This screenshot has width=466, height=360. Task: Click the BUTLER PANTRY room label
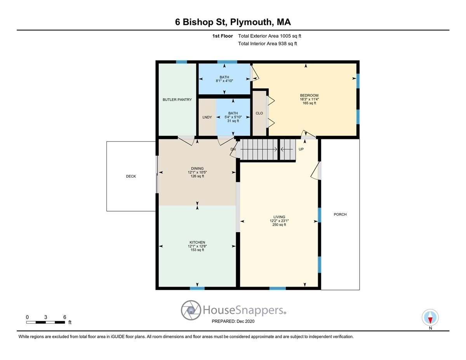pos(177,100)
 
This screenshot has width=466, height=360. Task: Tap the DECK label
pos(131,176)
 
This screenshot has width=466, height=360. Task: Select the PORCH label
pos(340,214)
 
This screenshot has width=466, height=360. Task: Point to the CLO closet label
pos(259,113)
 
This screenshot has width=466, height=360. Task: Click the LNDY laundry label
pos(207,117)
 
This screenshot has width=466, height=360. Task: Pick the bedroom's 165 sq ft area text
pos(309,103)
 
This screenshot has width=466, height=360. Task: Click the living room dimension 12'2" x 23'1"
pos(279,221)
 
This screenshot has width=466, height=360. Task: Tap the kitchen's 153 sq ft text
pos(197,250)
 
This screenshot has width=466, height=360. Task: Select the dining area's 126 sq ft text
pos(197,176)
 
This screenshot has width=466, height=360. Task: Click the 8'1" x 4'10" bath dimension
pos(224,81)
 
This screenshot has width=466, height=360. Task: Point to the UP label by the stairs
pos(301,149)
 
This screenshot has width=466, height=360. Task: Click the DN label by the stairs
pos(233,149)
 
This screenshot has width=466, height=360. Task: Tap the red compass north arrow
pos(430,320)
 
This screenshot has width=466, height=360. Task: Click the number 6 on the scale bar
pos(65,317)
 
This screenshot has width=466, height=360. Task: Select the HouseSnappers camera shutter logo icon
pos(191,310)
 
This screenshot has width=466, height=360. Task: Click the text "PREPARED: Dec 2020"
pos(233,321)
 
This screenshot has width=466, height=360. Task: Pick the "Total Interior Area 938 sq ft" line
pos(268,44)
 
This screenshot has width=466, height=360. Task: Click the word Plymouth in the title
pos(252,22)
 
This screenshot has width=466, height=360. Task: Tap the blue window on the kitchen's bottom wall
pos(197,288)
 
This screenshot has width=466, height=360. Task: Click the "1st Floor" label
pos(223,36)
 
